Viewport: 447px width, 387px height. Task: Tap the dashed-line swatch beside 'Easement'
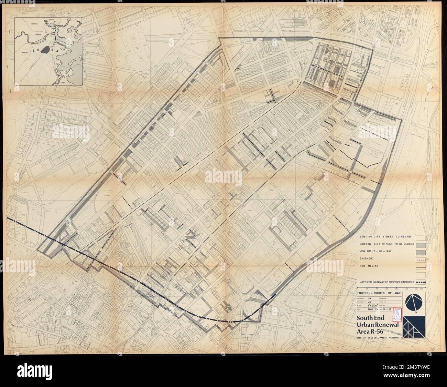(421, 259)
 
